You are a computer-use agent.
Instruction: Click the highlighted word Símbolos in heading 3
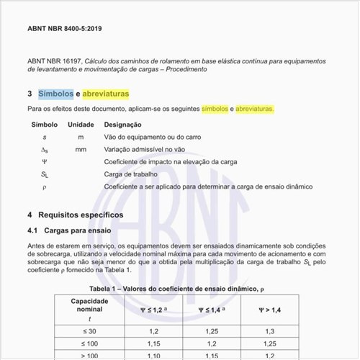coord(56,94)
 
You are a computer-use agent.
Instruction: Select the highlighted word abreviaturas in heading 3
coord(106,94)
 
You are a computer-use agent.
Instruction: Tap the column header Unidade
coord(81,125)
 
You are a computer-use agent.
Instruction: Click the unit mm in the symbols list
coord(81,149)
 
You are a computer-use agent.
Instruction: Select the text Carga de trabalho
coord(131,174)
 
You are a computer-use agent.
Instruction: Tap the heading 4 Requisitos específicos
coord(75,215)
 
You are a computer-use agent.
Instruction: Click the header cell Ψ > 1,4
coord(271,310)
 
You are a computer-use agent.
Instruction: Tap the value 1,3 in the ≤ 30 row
coord(271,331)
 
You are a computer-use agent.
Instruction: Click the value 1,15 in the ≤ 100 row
coord(153,344)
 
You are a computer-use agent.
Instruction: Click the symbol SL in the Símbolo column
coord(45,174)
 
